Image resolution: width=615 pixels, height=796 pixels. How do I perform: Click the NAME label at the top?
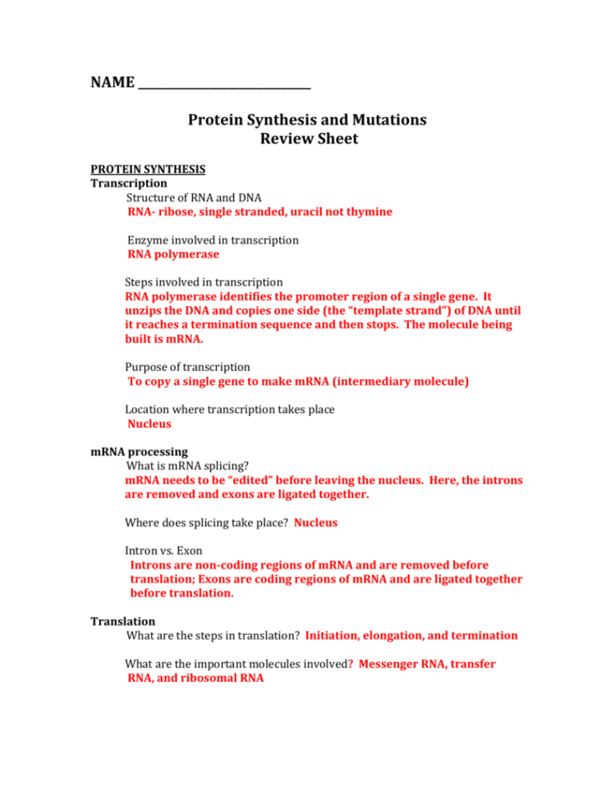point(111,83)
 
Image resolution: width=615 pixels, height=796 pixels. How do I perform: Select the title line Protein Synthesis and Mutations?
point(307,120)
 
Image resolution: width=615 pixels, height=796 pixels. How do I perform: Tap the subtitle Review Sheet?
point(309,139)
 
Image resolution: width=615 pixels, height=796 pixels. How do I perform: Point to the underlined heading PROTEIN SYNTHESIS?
point(148,170)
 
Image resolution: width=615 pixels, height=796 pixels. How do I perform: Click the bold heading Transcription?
point(129,184)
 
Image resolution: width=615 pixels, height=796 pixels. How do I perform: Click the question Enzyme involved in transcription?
point(213,240)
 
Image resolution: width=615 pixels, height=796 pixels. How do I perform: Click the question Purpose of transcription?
point(187,367)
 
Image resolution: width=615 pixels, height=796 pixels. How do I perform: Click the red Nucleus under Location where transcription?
point(149,424)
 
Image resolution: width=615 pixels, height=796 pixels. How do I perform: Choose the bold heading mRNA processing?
point(139,452)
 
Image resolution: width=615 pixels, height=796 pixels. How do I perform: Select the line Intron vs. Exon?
point(163,551)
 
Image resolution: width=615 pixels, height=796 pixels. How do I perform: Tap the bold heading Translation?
point(122,621)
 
